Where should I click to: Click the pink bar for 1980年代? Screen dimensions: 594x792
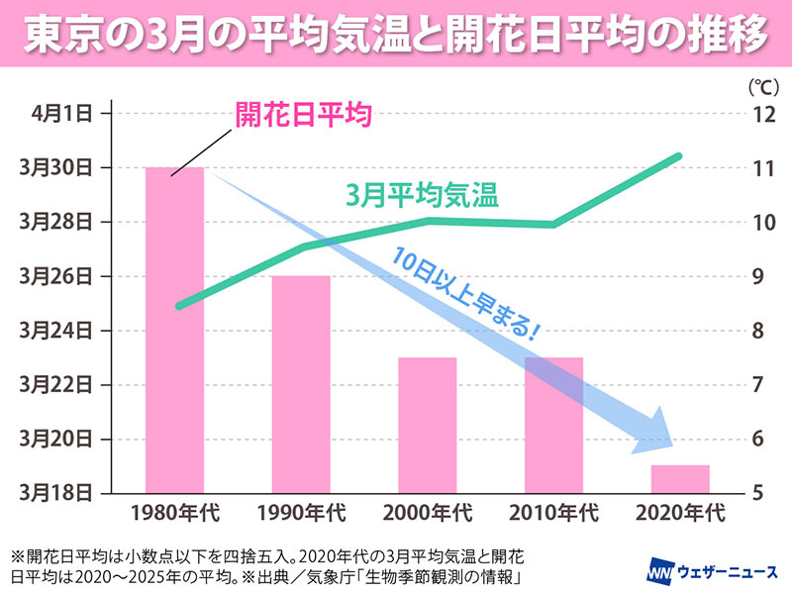pyautogui.click(x=174, y=330)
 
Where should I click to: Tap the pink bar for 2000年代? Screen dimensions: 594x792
pyautogui.click(x=428, y=425)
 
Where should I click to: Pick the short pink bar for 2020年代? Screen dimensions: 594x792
pyautogui.click(x=680, y=478)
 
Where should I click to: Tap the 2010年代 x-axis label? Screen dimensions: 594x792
pyautogui.click(x=554, y=513)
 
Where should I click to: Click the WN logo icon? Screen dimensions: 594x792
pyautogui.click(x=660, y=572)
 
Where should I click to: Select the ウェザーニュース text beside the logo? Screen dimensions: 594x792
pyautogui.click(x=729, y=573)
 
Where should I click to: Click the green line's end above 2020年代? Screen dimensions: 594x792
pyautogui.click(x=678, y=156)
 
